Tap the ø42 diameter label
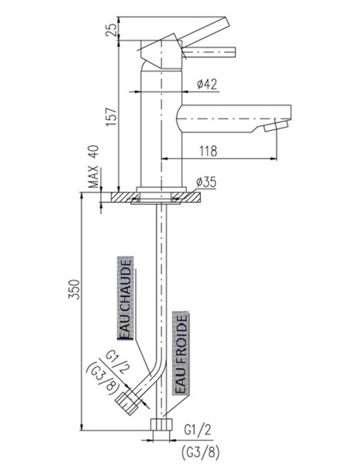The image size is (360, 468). pyautogui.click(x=206, y=85)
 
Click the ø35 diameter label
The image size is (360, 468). pyautogui.click(x=205, y=182)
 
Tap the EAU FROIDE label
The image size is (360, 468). pyautogui.click(x=181, y=355)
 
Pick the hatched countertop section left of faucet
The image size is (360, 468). pyautogui.click(x=118, y=197)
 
